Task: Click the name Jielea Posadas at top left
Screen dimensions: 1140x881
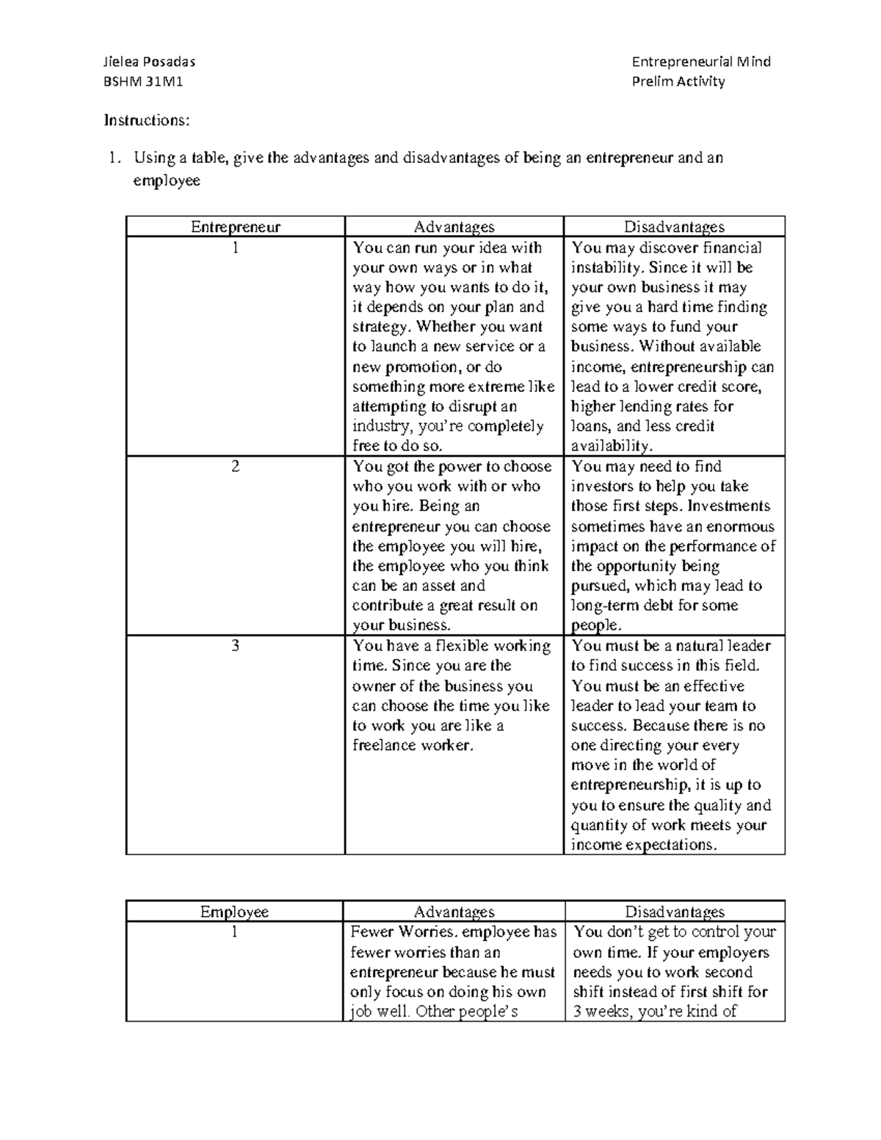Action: click(x=149, y=62)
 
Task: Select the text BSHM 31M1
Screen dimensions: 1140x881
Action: click(x=143, y=81)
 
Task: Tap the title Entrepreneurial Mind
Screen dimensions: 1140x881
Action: click(x=701, y=62)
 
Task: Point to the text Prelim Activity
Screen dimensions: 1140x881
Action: click(x=678, y=81)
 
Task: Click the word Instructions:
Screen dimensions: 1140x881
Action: click(x=147, y=120)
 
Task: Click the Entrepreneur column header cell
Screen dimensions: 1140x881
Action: click(x=235, y=227)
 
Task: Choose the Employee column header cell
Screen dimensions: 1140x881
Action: click(x=234, y=912)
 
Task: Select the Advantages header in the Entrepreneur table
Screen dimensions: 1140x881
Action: click(x=454, y=227)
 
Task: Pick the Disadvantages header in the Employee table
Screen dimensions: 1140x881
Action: click(x=674, y=912)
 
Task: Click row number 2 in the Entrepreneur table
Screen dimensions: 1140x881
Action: click(x=235, y=467)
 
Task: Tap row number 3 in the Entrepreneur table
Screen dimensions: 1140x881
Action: click(x=235, y=646)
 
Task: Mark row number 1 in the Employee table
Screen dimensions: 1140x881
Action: click(x=234, y=932)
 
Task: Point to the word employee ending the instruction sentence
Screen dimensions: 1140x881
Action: click(x=166, y=181)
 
